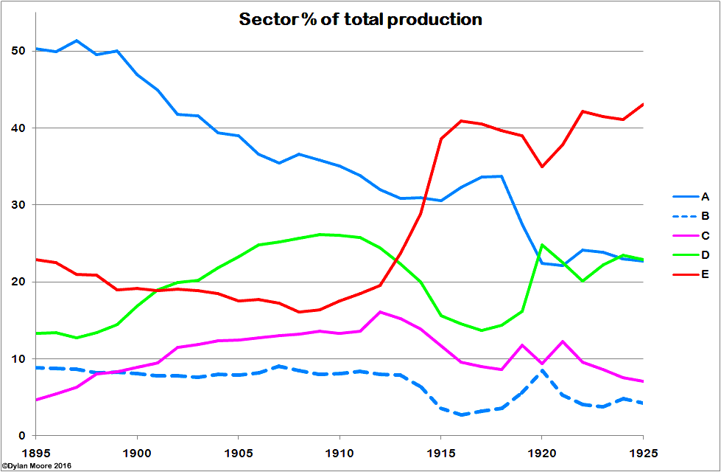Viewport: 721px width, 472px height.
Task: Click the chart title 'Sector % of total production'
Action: pos(360,20)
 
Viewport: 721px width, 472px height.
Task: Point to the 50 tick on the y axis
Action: pos(18,51)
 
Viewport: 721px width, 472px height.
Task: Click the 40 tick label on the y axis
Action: pos(18,128)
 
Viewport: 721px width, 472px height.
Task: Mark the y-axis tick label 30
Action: pos(18,205)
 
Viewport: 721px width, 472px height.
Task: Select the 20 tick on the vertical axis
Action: pos(18,282)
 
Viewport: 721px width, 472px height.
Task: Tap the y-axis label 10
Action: pos(18,359)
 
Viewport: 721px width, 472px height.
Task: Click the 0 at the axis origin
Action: pos(21,436)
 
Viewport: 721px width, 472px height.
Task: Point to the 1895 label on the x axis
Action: pos(35,450)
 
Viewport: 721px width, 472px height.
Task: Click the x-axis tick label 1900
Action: pos(137,450)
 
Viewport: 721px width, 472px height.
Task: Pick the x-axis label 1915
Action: pos(440,450)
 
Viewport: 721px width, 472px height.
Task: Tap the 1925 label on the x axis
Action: pos(643,450)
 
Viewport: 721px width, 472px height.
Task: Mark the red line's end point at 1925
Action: pos(643,104)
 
